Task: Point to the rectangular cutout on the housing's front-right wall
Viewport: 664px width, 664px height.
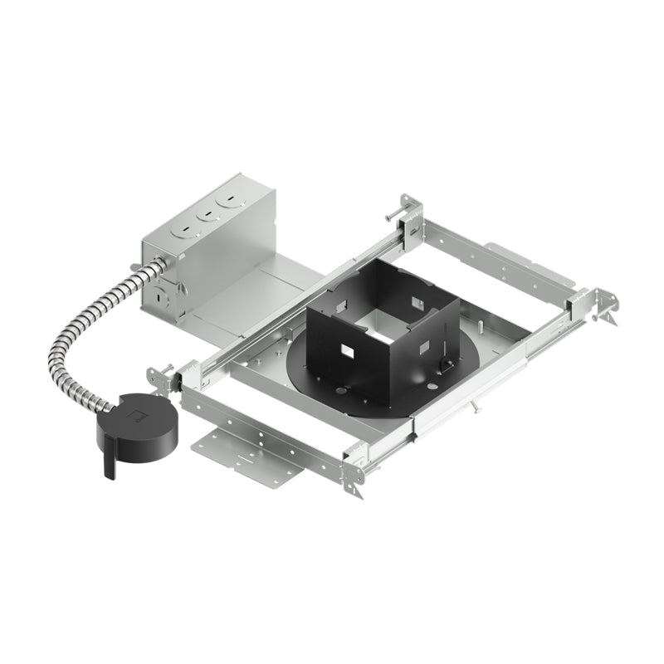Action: [x=425, y=344]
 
